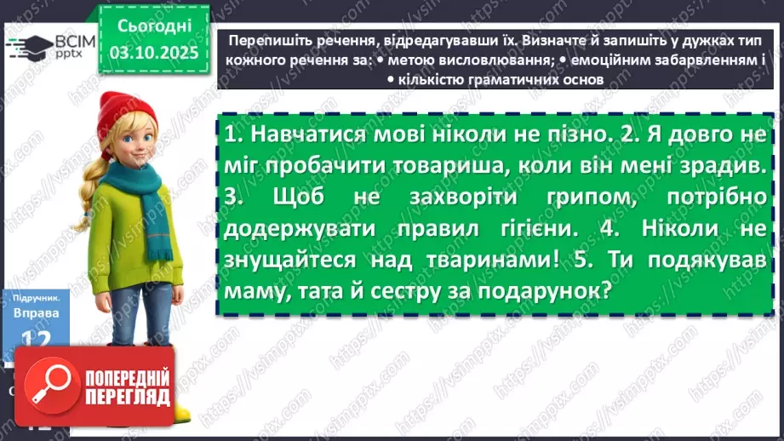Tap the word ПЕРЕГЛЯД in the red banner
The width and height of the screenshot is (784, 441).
(129, 400)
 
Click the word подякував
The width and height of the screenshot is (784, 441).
(713, 260)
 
